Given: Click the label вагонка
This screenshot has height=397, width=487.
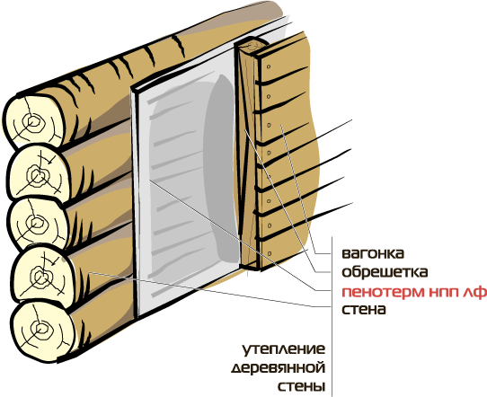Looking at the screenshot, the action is tap(373, 253).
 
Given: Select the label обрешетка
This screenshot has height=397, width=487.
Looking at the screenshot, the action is tap(385, 272).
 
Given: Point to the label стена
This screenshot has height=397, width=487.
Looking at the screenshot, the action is tap(364, 310).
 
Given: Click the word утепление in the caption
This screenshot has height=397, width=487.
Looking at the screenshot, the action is tap(284, 349).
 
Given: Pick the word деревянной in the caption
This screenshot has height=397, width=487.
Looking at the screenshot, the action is tap(279, 368).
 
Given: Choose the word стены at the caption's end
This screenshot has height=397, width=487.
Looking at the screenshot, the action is tap(301, 387).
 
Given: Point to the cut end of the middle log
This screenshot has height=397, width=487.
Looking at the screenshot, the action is tap(38, 225).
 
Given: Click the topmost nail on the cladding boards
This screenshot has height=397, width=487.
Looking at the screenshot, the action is tap(269, 66).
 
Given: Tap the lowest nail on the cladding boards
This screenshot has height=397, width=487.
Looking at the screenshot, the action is tap(270, 253).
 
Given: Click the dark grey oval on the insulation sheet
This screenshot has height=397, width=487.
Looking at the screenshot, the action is tap(219, 168).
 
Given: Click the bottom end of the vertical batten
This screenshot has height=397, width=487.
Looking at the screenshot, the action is tap(251, 266).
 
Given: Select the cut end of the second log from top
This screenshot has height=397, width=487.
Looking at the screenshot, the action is tap(38, 172).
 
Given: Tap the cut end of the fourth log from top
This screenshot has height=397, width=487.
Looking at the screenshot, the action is tap(43, 275).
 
